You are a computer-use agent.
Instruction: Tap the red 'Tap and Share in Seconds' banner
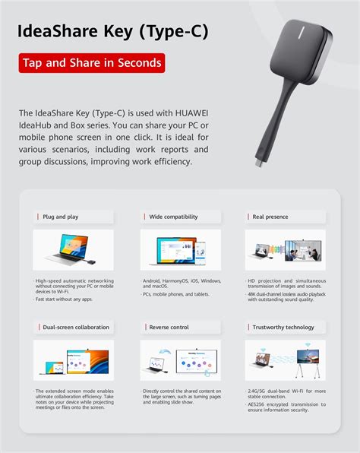pyautogui.click(x=91, y=62)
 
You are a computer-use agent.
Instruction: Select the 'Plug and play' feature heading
pyautogui.click(x=60, y=217)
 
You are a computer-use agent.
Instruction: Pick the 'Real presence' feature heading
pyautogui.click(x=270, y=217)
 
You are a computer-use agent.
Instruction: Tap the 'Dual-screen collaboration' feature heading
pyautogui.click(x=75, y=327)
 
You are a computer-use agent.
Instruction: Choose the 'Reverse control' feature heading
pyautogui.click(x=169, y=327)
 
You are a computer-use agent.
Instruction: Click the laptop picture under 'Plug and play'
pyautogui.click(x=73, y=250)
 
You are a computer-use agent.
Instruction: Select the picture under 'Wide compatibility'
pyautogui.click(x=180, y=250)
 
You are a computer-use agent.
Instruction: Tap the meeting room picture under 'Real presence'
pyautogui.click(x=285, y=250)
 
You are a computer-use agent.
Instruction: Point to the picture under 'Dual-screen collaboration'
pyautogui.click(x=73, y=360)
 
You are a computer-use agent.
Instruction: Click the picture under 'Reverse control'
pyautogui.click(x=180, y=360)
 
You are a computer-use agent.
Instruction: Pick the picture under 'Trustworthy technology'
pyautogui.click(x=285, y=360)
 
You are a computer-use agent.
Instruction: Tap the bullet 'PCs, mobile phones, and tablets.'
pyautogui.click(x=177, y=293)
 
